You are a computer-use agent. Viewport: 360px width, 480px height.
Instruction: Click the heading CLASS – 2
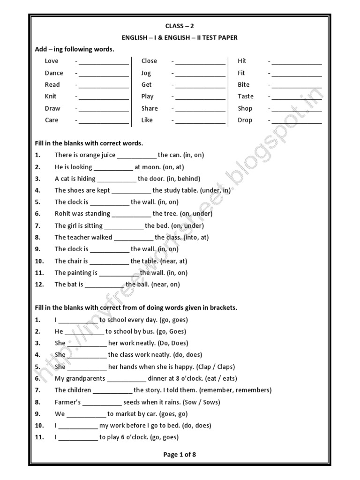pos(180,26)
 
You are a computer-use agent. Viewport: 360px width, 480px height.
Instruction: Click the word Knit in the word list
pos(50,97)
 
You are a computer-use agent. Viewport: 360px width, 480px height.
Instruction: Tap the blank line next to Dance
pos(104,74)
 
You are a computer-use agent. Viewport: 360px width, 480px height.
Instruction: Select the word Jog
pos(146,73)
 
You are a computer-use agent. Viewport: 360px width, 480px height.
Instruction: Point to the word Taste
pos(246,97)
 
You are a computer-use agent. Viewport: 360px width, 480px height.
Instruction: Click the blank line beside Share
pos(200,110)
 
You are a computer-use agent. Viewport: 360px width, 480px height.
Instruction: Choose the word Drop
pos(245,120)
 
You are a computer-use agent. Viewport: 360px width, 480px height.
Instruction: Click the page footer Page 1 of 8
pos(180,454)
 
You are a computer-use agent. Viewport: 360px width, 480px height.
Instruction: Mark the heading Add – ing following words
pos(75,49)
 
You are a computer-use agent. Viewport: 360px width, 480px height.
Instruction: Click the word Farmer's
pos(68,402)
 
